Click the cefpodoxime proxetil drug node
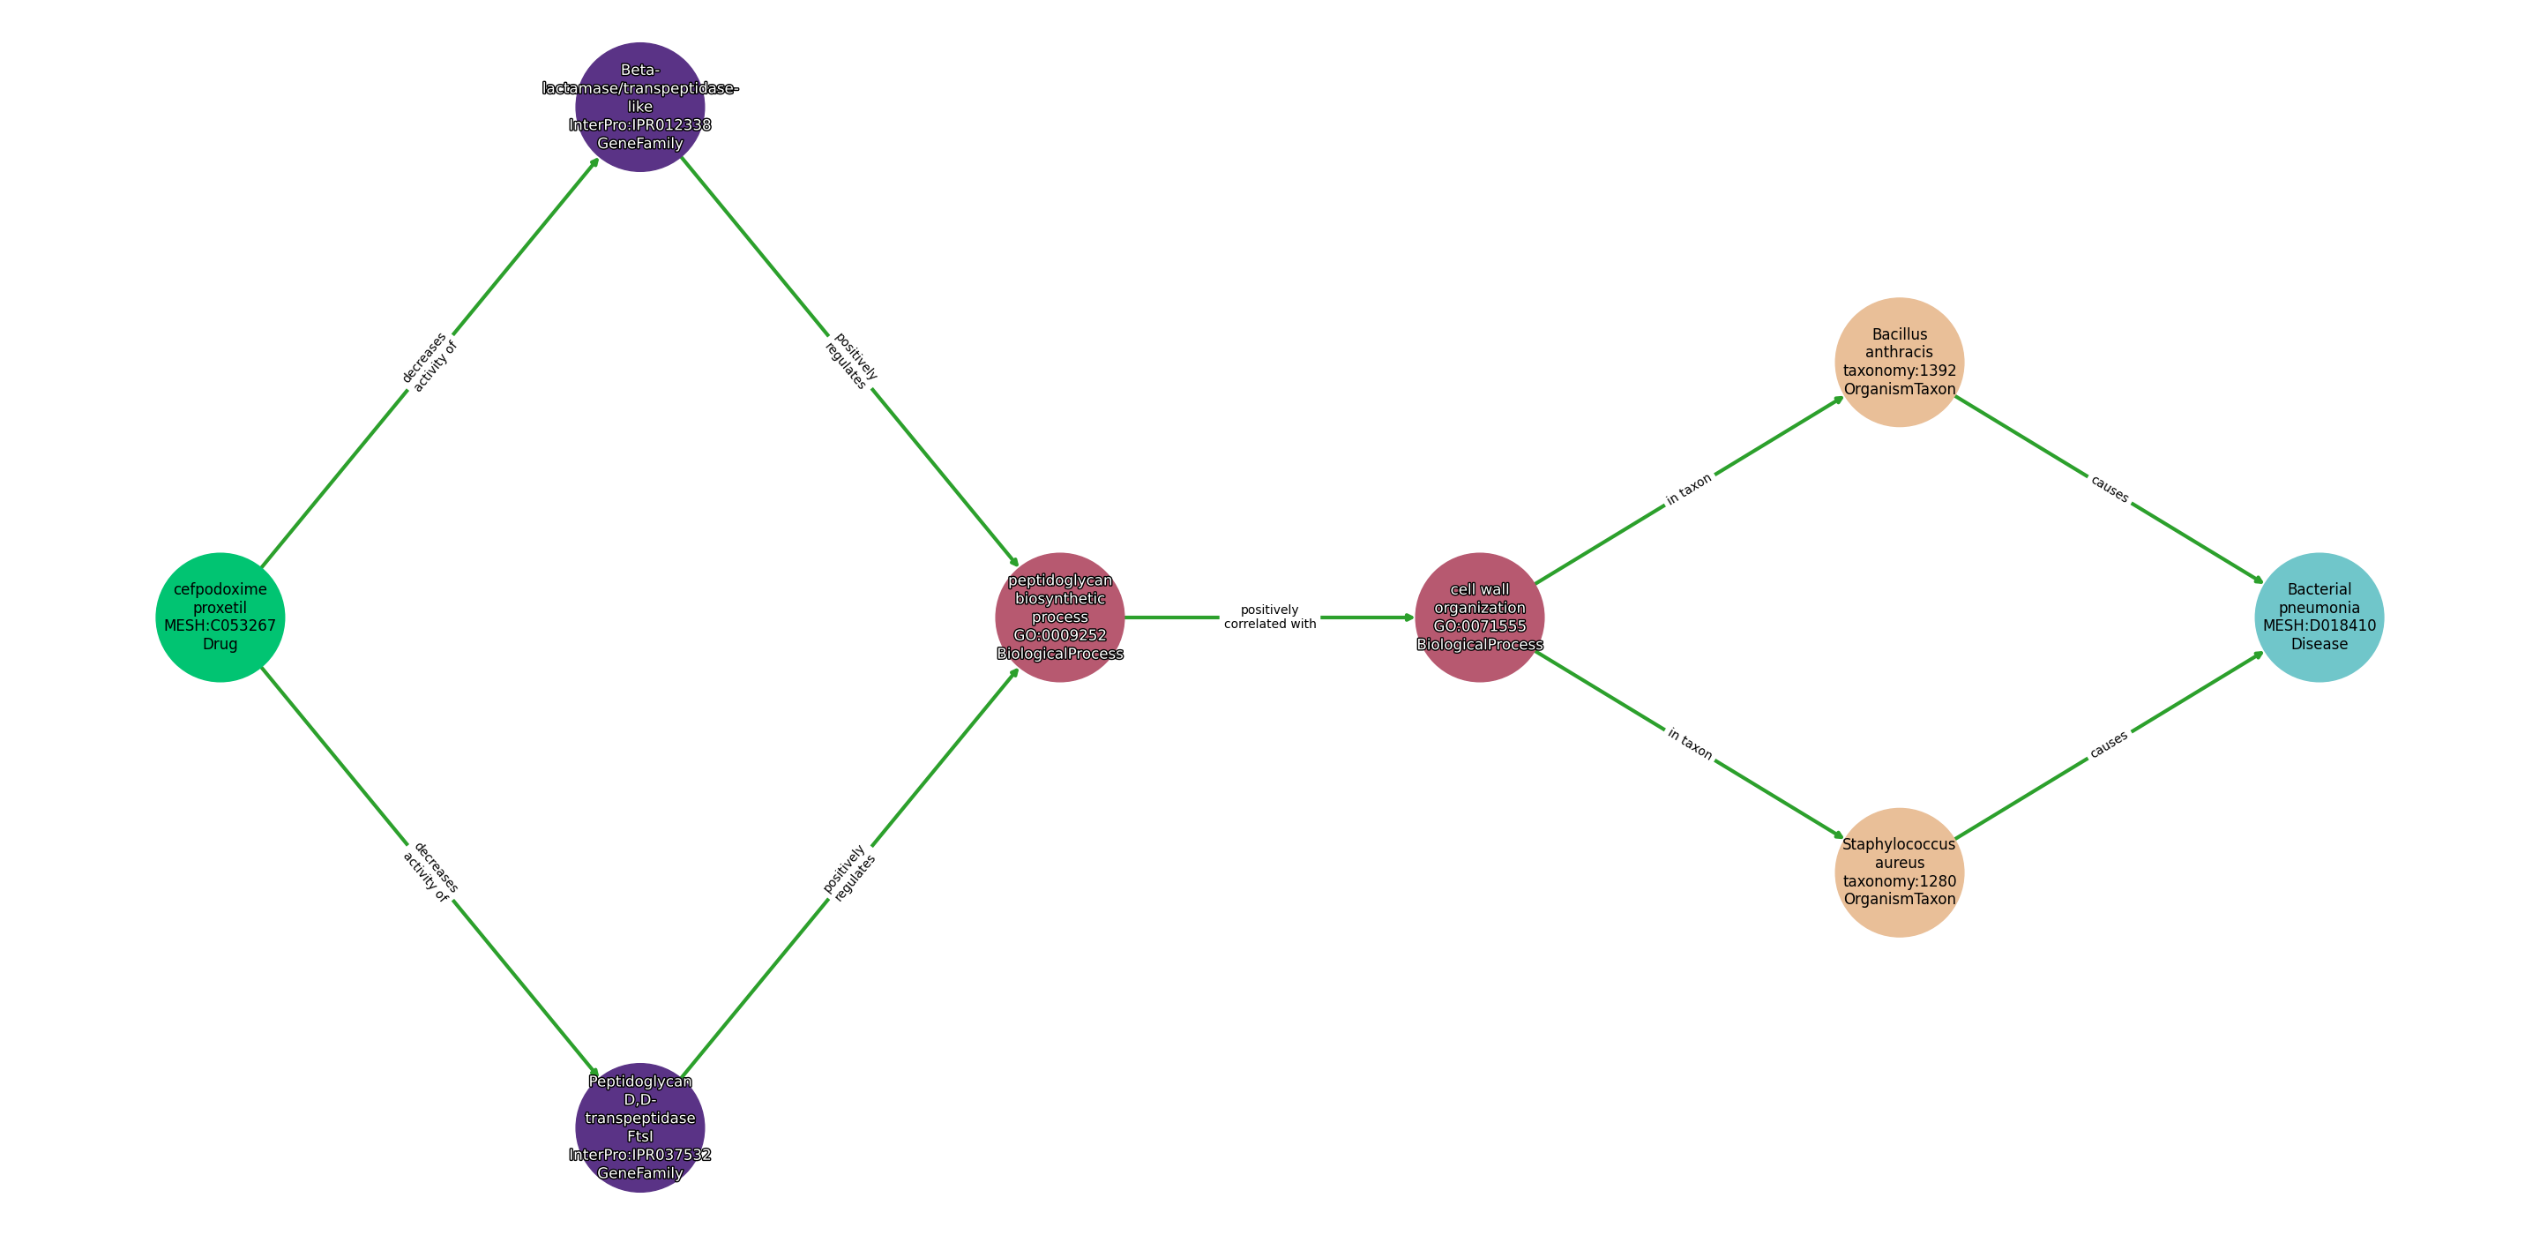220,617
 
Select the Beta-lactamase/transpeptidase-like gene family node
640,107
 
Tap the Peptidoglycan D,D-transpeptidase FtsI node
640,1126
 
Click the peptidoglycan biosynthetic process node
1060,617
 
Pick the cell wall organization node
1479,617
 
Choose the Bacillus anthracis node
1899,362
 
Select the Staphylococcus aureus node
1899,872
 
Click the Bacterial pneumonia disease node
2320,617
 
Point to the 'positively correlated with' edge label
1270,617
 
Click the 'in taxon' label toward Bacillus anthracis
1689,490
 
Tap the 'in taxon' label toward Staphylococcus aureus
1689,744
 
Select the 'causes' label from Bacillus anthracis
2109,490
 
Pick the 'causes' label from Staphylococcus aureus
2109,744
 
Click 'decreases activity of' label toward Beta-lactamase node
430,362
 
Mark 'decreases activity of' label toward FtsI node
430,872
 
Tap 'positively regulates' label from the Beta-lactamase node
850,362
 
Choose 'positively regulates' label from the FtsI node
850,872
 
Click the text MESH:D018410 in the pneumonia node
2320,625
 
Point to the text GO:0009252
1060,635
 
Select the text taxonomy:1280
1899,881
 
